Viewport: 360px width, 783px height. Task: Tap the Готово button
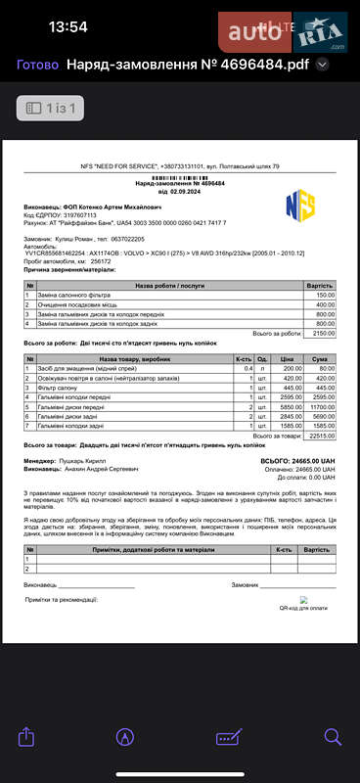pyautogui.click(x=37, y=65)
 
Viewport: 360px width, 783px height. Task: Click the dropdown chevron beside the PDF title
pyautogui.click(x=323, y=65)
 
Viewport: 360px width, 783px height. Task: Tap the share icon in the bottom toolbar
pyautogui.click(x=26, y=735)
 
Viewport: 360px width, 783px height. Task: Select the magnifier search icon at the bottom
pyautogui.click(x=333, y=736)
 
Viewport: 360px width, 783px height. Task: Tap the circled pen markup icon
pyautogui.click(x=125, y=736)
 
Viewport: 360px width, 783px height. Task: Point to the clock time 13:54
pyautogui.click(x=67, y=27)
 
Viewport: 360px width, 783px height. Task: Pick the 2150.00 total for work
pyautogui.click(x=322, y=334)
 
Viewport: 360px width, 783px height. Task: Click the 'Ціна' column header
pyautogui.click(x=287, y=359)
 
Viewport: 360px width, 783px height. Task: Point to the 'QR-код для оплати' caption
pyautogui.click(x=304, y=609)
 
